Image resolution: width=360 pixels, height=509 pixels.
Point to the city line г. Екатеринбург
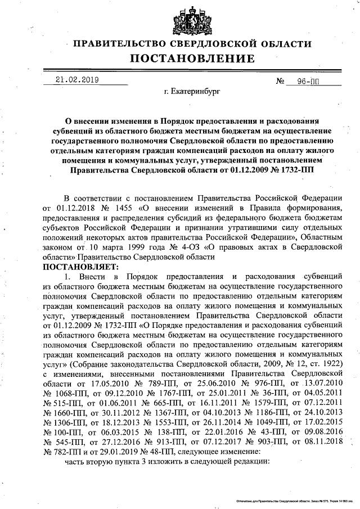[192, 91]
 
